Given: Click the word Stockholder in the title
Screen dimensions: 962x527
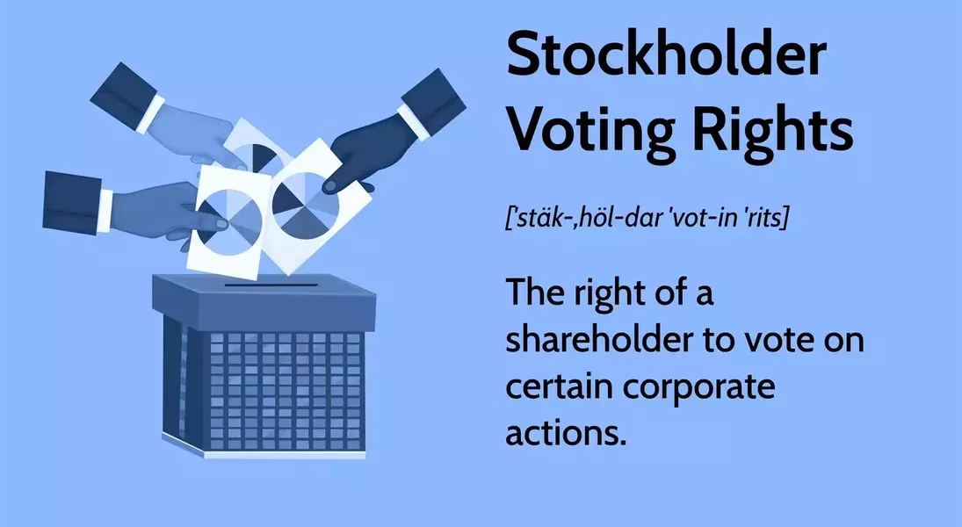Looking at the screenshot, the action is coord(666,54).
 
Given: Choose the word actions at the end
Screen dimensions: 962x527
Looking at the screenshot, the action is coord(566,433).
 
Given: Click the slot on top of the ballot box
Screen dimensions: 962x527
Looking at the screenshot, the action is coord(271,285).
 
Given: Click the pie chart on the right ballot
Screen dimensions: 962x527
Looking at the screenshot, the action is coord(305,206).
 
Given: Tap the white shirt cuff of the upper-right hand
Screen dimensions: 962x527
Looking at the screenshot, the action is coord(413,122).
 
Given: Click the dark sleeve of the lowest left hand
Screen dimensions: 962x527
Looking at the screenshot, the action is coord(72,202).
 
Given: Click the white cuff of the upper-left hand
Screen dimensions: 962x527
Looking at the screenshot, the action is coord(150,114).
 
